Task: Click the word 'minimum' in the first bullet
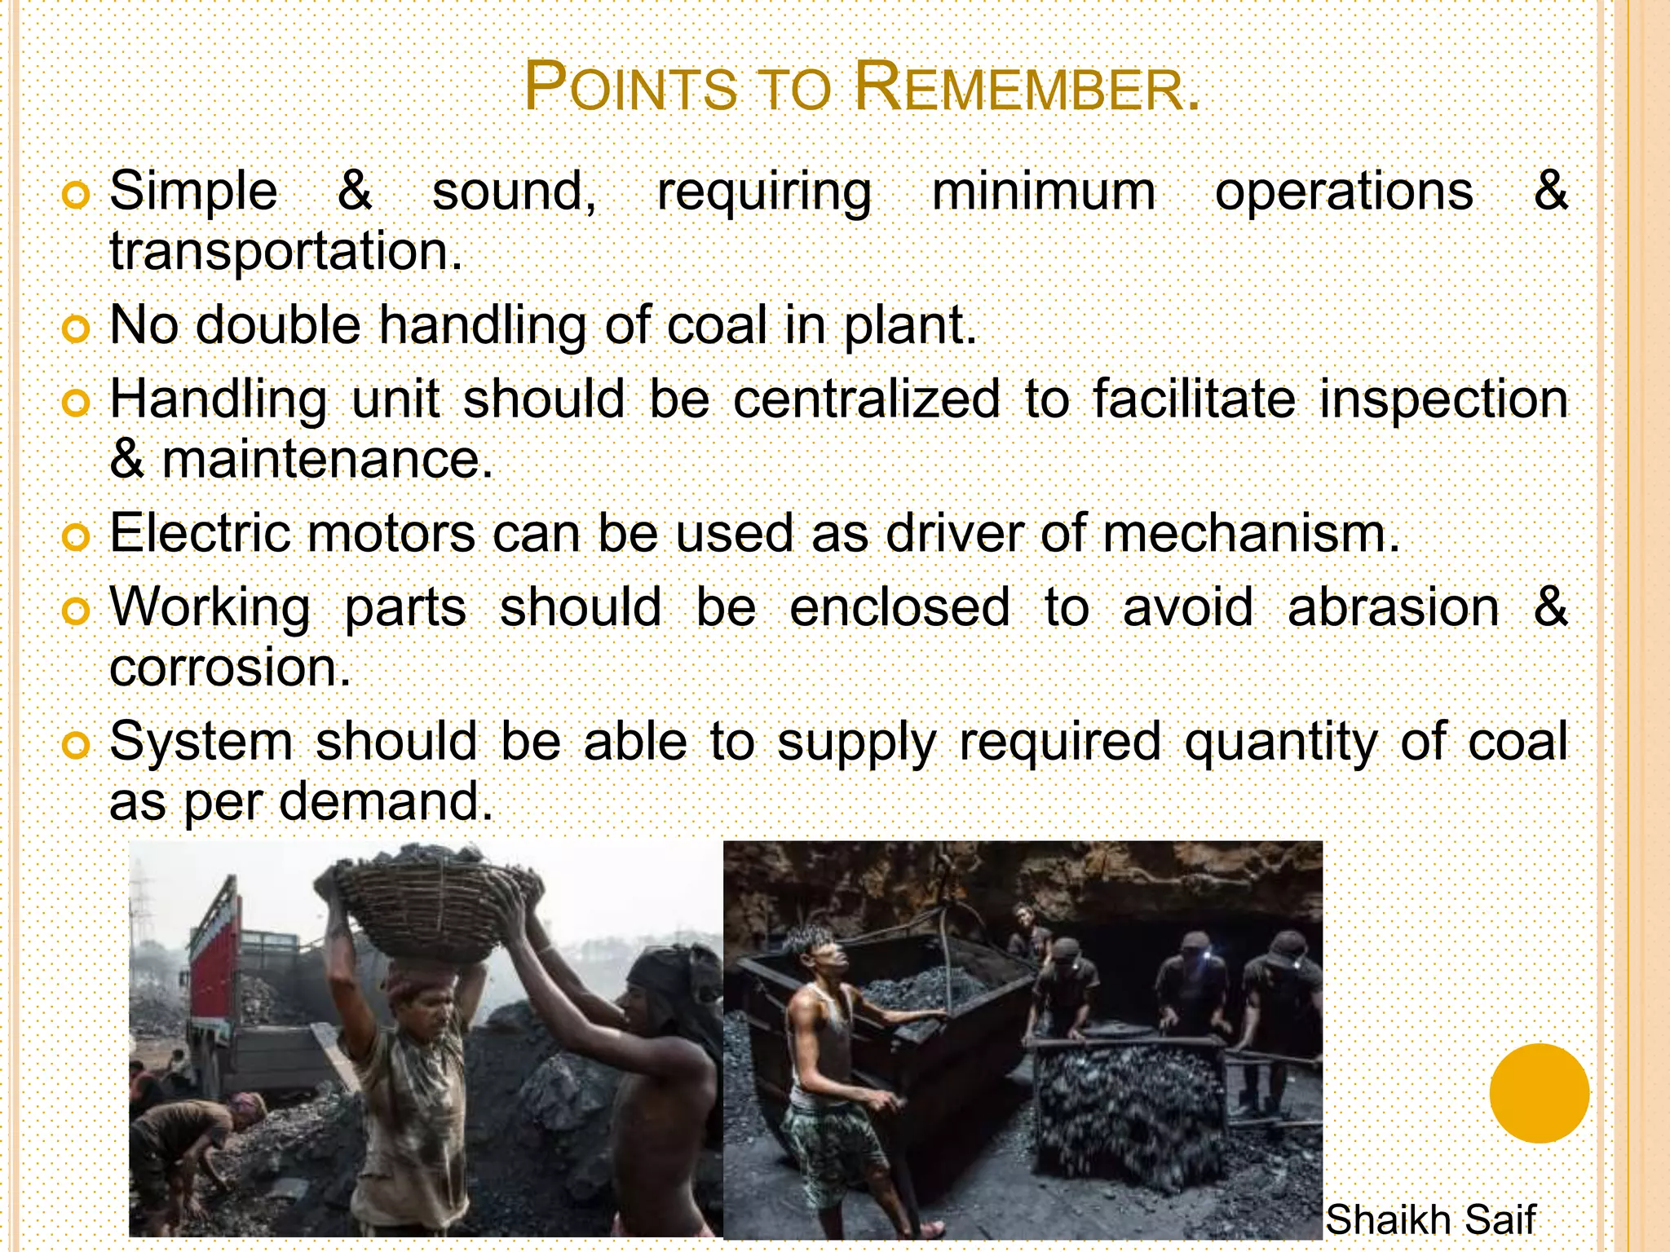[x=1044, y=192]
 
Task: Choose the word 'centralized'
[x=867, y=399]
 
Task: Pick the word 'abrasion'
[x=1394, y=608]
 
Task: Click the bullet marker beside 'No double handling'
[x=75, y=328]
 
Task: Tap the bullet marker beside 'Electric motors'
[x=75, y=537]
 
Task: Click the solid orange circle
[x=1539, y=1093]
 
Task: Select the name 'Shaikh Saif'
[x=1430, y=1220]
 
